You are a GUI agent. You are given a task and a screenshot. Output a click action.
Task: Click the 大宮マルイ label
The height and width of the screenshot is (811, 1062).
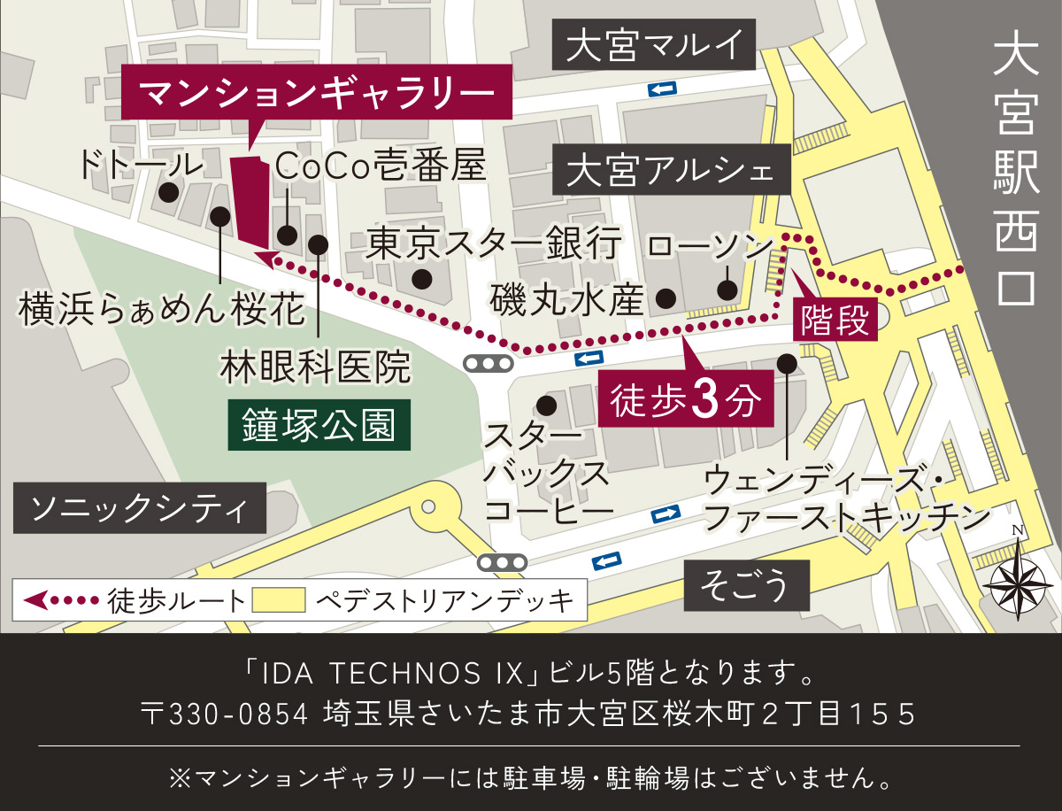tap(655, 46)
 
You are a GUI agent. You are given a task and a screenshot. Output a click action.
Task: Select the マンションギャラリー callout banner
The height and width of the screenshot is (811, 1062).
tap(315, 92)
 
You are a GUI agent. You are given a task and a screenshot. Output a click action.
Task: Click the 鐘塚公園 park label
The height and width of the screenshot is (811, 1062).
tap(319, 426)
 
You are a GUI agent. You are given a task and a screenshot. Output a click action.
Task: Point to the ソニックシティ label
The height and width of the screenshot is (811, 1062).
tap(140, 507)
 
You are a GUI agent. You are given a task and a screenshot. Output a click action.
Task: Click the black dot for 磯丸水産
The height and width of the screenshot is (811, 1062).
tap(666, 298)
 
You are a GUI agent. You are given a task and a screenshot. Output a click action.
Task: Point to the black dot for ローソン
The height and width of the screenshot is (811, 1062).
tap(727, 290)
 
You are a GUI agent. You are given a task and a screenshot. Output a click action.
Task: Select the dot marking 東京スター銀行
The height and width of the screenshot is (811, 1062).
tap(423, 279)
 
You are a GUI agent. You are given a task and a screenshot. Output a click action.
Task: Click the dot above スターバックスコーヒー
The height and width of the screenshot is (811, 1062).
tap(546, 405)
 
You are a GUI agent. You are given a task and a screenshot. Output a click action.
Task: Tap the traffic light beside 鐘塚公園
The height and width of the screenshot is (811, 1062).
tap(488, 363)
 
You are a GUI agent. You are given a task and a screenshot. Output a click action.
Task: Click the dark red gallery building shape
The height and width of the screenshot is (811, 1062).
tap(250, 202)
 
